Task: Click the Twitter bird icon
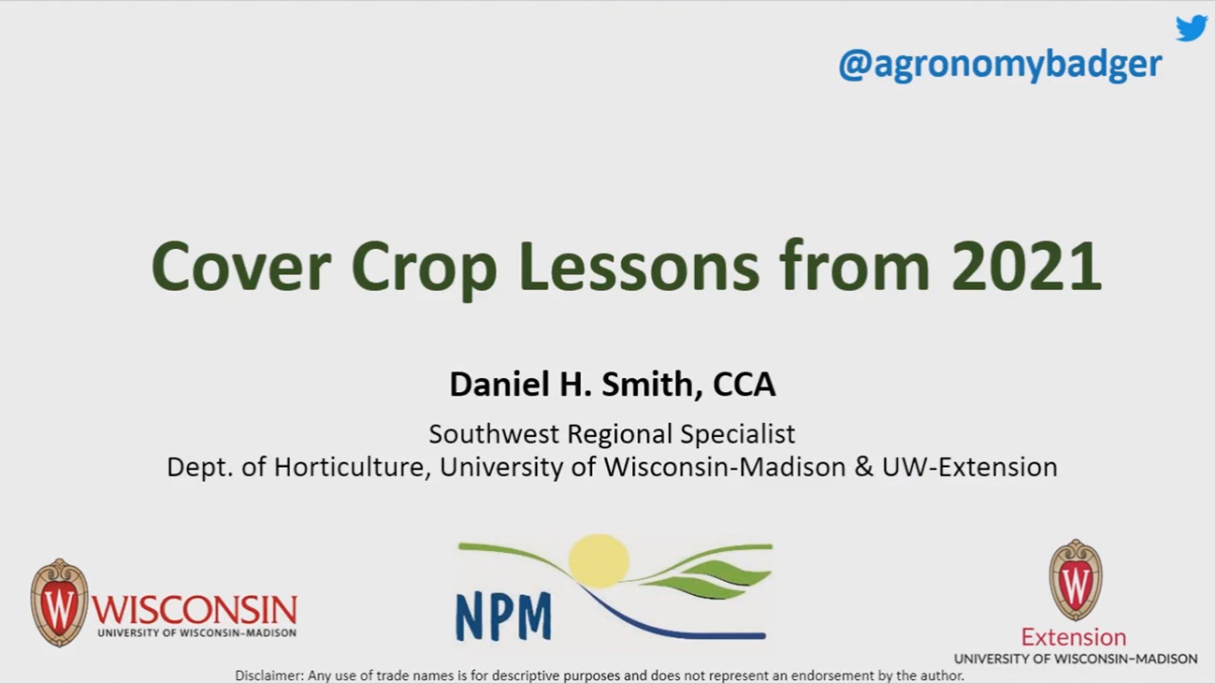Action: tap(1192, 28)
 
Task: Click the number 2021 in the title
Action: tap(1027, 267)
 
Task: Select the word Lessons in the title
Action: tap(639, 267)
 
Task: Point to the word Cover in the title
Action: tap(241, 267)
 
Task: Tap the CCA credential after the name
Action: tap(744, 384)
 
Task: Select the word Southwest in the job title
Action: tap(494, 434)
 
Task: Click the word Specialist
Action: tap(738, 435)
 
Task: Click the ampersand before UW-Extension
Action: tap(864, 467)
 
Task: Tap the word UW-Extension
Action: tap(970, 467)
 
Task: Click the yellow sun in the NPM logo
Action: tap(599, 561)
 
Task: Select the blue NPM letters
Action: tap(504, 616)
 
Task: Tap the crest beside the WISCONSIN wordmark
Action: tap(59, 602)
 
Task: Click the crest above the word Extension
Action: tap(1076, 581)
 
